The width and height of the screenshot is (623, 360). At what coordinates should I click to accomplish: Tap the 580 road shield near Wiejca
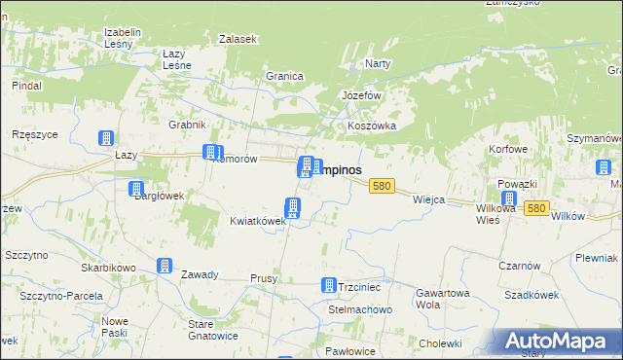click(382, 186)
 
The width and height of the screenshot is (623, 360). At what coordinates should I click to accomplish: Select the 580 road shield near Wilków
click(535, 208)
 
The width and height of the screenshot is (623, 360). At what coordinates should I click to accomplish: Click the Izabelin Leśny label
click(123, 37)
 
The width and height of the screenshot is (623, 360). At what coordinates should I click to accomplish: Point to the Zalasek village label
click(238, 39)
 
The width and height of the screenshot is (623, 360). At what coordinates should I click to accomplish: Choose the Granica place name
click(285, 76)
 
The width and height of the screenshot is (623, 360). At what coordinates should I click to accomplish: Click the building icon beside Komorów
click(209, 152)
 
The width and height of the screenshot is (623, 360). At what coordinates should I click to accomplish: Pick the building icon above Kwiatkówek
click(291, 206)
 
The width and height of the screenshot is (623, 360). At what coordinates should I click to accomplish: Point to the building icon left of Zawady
click(165, 266)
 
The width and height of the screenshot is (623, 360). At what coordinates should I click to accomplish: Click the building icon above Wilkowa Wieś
click(508, 198)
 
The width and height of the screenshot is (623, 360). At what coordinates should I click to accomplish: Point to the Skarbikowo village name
click(108, 267)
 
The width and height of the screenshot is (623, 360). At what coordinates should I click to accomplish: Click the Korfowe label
click(508, 150)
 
